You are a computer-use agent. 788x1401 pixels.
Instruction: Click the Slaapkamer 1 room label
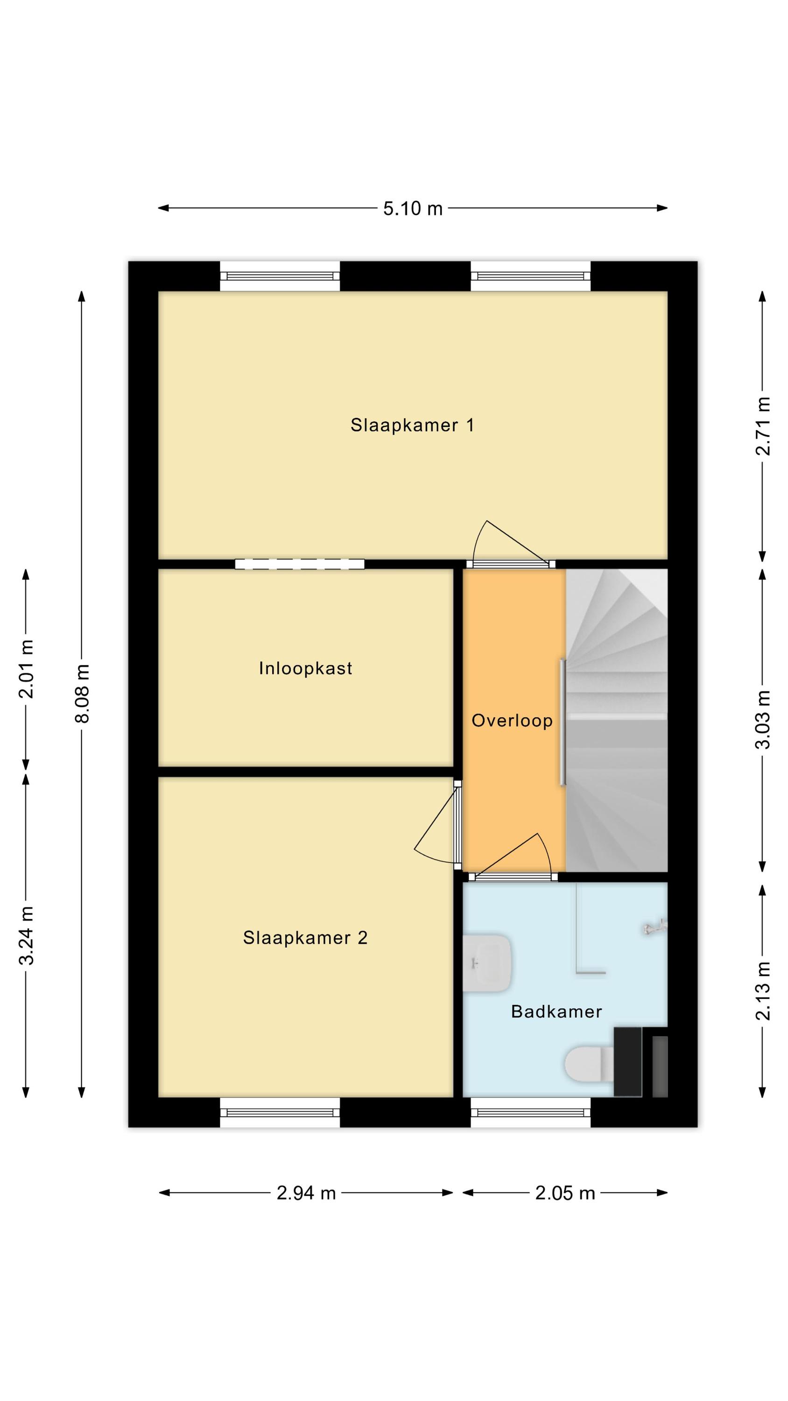412,425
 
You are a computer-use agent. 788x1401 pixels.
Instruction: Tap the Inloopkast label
305,668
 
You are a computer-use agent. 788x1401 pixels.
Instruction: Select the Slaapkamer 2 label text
305,938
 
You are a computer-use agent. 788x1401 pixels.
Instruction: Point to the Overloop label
512,721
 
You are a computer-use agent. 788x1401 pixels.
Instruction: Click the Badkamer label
556,1012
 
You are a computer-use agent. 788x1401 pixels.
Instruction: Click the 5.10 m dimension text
413,208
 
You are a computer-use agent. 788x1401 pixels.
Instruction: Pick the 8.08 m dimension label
82,693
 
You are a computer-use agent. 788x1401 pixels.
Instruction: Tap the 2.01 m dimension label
26,669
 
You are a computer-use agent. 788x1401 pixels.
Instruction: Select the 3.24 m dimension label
26,936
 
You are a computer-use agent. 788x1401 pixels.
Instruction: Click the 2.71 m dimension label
763,426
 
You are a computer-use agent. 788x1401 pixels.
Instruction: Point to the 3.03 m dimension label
763,720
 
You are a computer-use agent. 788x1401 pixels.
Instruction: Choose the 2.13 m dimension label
763,991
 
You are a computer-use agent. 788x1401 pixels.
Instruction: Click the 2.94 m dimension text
306,1193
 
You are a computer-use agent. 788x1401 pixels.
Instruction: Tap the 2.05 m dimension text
565,1193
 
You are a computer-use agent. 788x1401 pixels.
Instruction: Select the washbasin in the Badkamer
487,962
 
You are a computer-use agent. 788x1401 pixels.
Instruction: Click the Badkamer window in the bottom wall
530,1112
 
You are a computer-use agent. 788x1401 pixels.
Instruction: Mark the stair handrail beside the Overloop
563,722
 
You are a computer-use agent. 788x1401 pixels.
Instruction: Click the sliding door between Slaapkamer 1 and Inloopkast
300,564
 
